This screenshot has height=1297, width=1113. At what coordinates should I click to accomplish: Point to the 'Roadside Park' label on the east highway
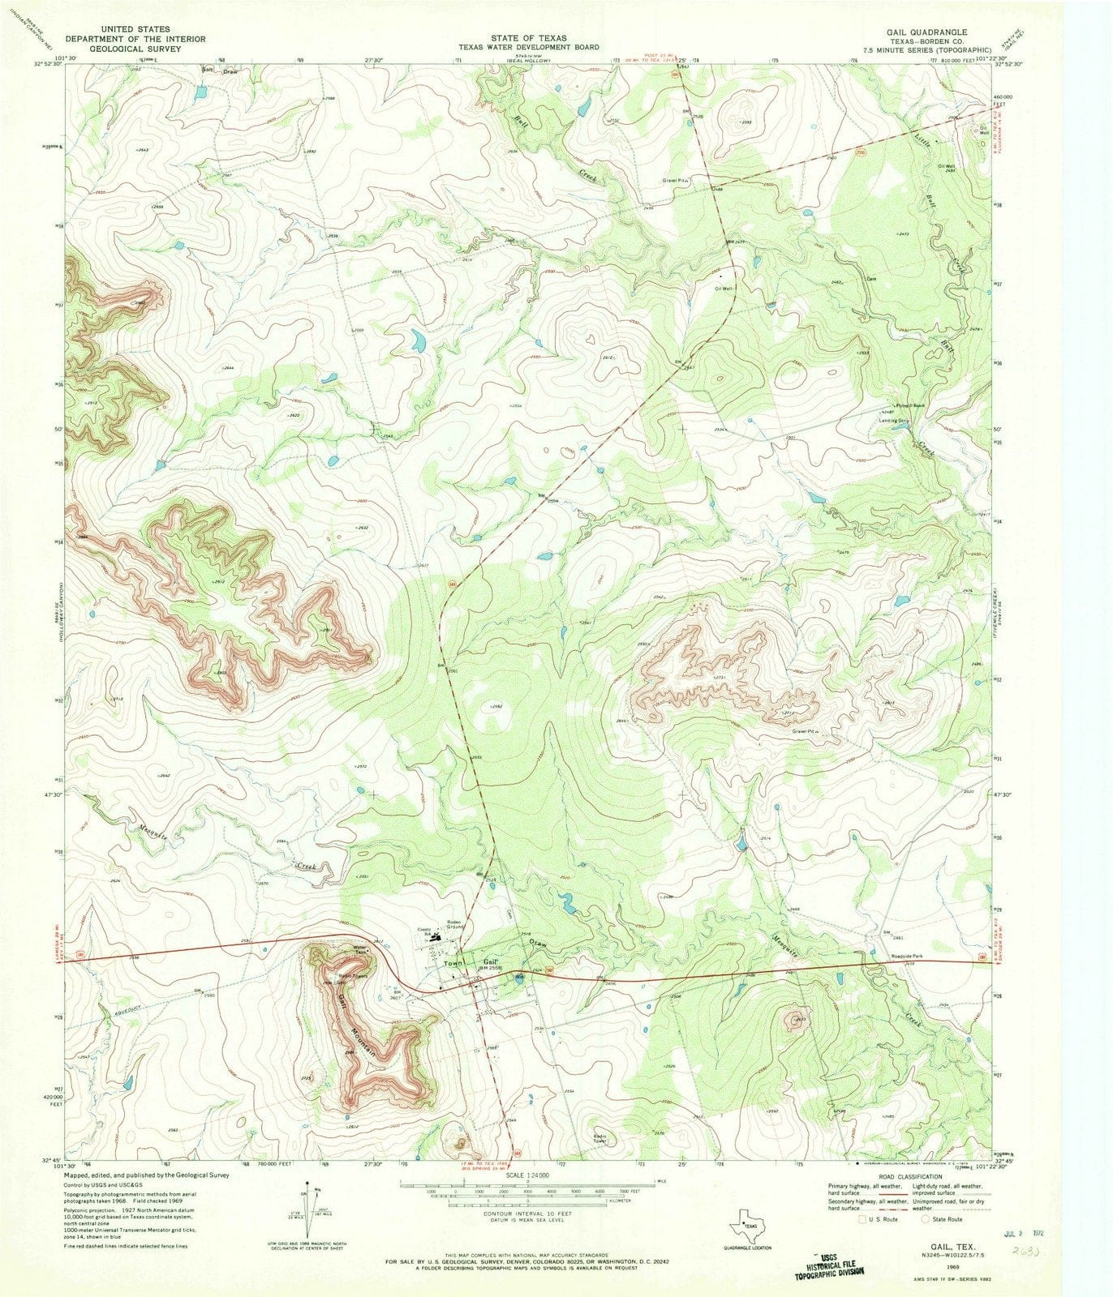point(908,956)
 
